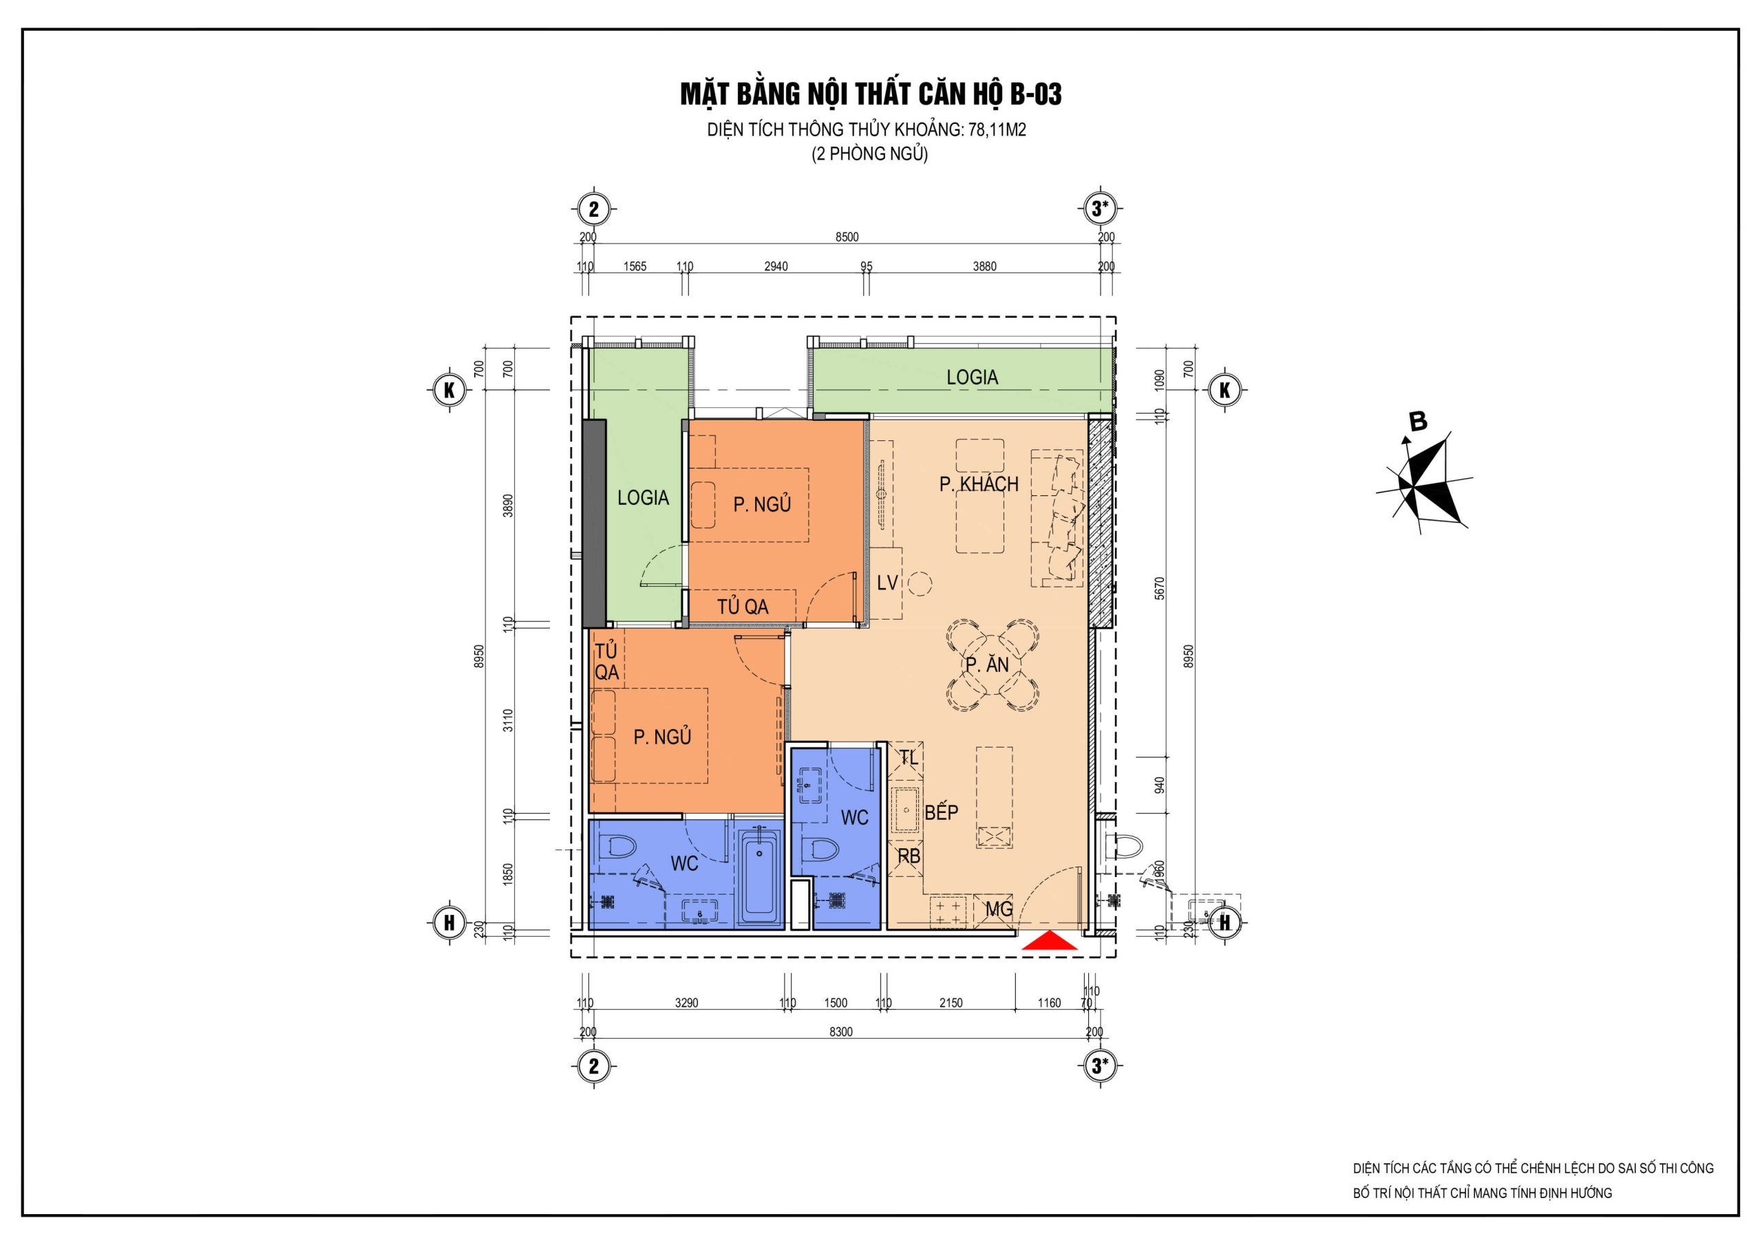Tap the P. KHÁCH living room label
[x=979, y=484]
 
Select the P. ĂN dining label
[x=987, y=664]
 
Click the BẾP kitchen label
[x=941, y=812]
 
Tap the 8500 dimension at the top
[x=847, y=237]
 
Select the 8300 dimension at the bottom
[x=840, y=1032]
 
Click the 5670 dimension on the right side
[x=1159, y=588]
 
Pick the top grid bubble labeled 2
[x=593, y=208]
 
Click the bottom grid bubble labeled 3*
[x=1100, y=1065]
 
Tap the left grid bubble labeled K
[x=449, y=390]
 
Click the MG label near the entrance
[x=999, y=909]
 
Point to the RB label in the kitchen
[x=909, y=856]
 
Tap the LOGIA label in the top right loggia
[x=972, y=377]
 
